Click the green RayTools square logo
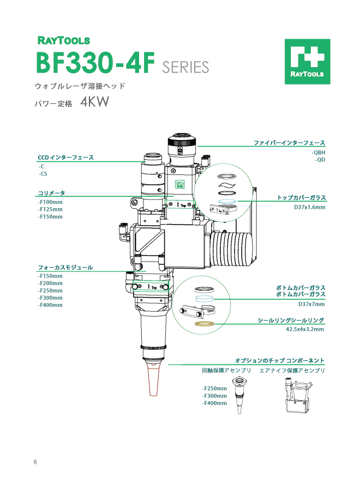tap(307, 62)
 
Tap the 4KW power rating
tap(96, 102)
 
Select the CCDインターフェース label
tap(65, 158)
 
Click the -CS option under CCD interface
tap(43, 174)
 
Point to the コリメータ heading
tap(51, 193)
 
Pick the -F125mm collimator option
tap(50, 209)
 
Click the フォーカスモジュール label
tap(65, 268)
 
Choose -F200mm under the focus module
tap(50, 283)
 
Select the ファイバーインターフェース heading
tap(289, 143)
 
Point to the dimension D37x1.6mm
tap(309, 207)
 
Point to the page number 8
tap(35, 462)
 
